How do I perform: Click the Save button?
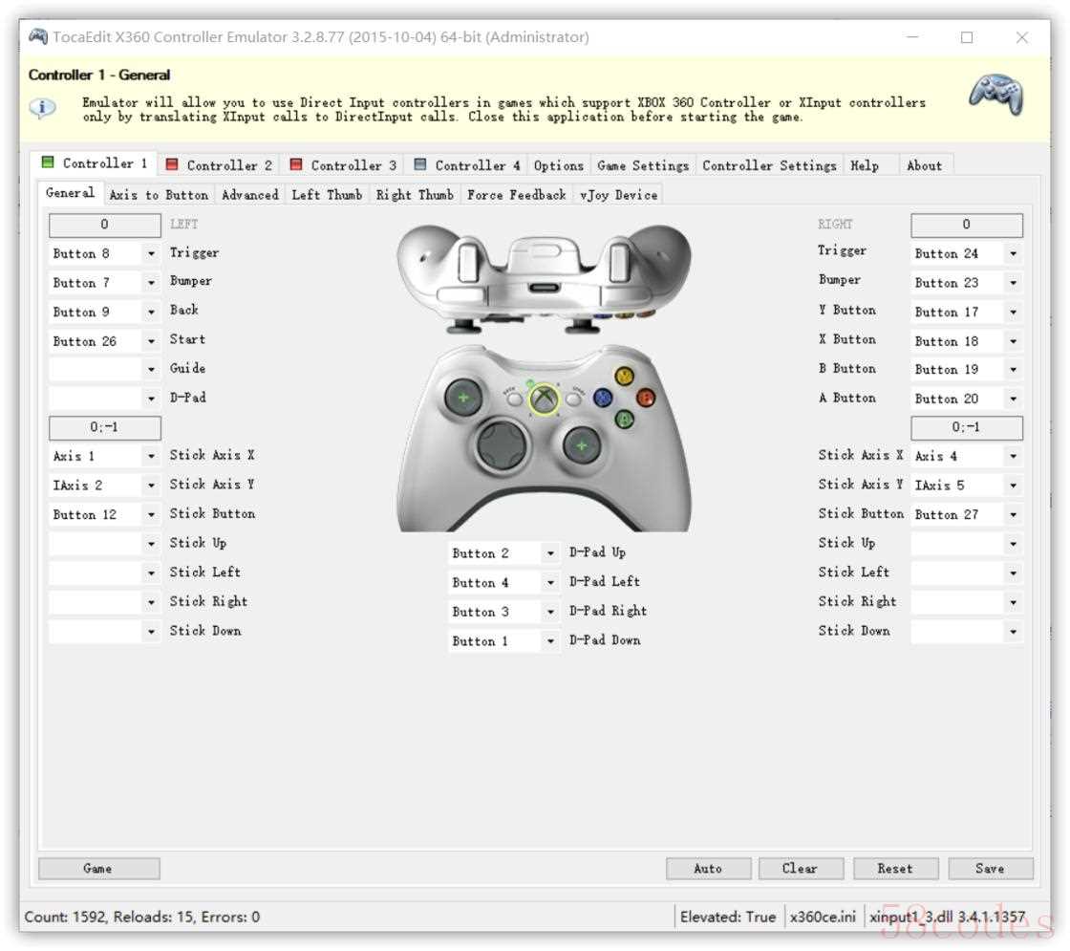pos(990,869)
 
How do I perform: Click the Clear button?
pos(801,869)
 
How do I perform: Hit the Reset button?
pos(894,869)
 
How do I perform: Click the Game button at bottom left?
pos(99,869)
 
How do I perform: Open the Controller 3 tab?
pos(344,165)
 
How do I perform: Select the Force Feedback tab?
pos(517,195)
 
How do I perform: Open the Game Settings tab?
pos(643,165)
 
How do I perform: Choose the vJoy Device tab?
pos(618,195)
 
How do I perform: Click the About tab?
pos(924,165)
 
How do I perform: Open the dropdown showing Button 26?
pos(104,340)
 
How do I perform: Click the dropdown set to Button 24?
pos(966,253)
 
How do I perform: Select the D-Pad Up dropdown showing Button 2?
pos(503,553)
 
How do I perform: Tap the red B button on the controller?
pos(646,398)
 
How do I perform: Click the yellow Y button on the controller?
pos(625,377)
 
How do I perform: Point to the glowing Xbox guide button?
pos(544,399)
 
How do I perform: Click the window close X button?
pos(1021,37)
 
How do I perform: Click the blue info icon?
pos(42,107)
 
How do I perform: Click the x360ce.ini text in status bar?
pos(823,917)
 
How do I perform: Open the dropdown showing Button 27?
pos(966,514)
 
